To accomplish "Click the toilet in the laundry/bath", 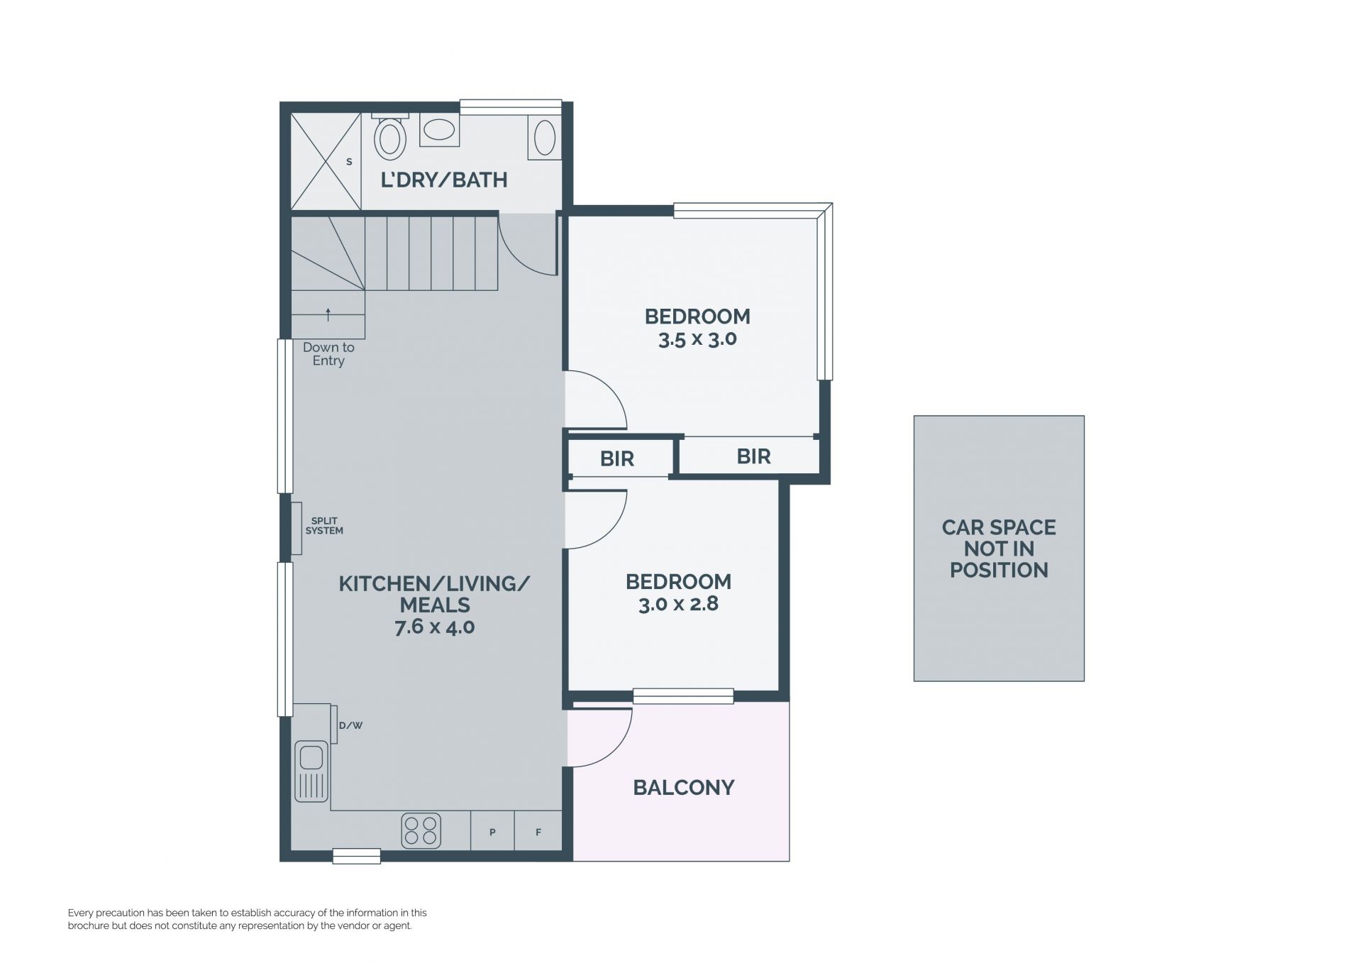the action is (389, 137).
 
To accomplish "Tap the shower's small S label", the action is (349, 162).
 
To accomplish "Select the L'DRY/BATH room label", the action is (444, 180).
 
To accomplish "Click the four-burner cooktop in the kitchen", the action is (421, 830).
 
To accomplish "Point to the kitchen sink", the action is (311, 771).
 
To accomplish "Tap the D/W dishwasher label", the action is (350, 726).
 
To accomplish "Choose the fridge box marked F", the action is (538, 830).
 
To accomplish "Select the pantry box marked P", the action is (492, 830).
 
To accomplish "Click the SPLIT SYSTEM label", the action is (324, 526).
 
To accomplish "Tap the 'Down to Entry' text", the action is (328, 354).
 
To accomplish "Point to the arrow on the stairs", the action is (328, 314).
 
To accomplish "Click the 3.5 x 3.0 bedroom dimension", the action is (697, 339).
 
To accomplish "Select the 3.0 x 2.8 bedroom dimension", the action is (679, 604).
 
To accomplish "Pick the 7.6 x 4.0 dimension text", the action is (435, 627).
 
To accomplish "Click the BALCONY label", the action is (684, 788).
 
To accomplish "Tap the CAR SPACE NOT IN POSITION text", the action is (999, 549).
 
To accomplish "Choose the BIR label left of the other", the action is (617, 459).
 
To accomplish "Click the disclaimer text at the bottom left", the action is (248, 919).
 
